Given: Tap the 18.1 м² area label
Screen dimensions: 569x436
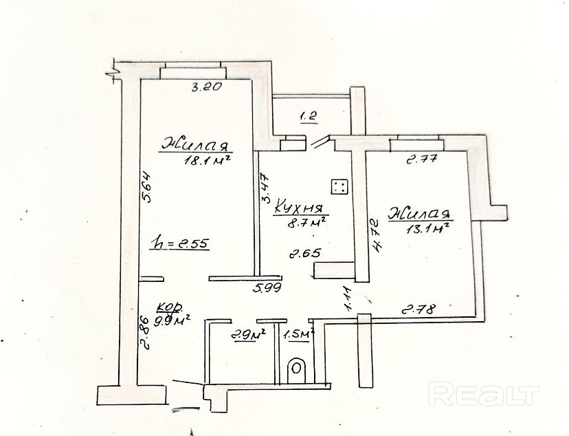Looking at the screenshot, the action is pos(205,161).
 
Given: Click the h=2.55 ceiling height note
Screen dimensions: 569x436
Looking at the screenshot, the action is pos(179,242).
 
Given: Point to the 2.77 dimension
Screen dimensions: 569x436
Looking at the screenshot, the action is pos(422,161).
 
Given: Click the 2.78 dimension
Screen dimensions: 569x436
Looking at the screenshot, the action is pos(419,309).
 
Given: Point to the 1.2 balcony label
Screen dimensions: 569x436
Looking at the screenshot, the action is pos(307,117).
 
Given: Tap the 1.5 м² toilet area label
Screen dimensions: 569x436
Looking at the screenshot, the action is pos(298,335).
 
